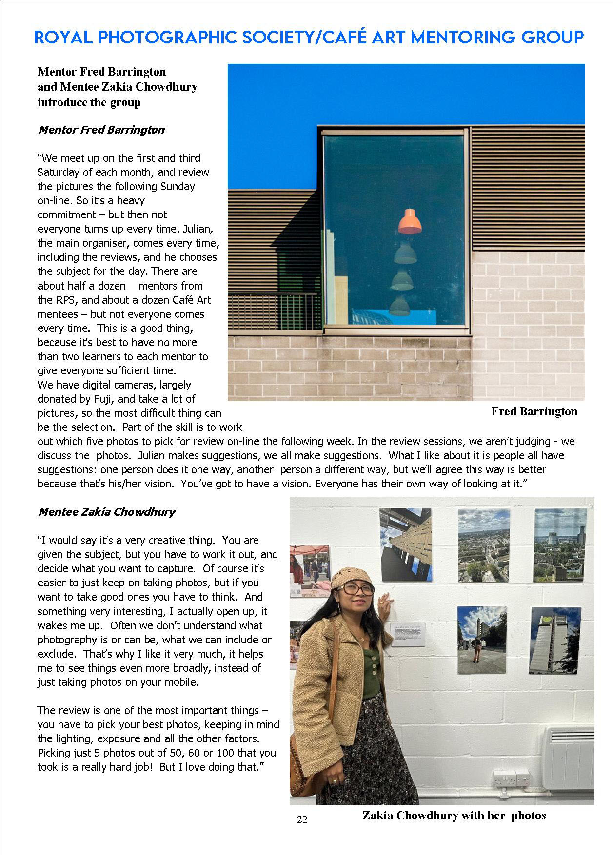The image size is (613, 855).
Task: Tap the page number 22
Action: click(302, 819)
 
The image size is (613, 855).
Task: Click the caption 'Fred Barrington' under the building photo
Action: click(534, 411)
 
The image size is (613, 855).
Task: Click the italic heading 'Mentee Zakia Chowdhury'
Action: click(107, 512)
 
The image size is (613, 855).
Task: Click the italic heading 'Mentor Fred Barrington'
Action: click(101, 130)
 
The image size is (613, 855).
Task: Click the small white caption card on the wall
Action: click(408, 634)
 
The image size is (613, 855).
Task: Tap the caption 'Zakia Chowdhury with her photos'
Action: click(454, 816)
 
